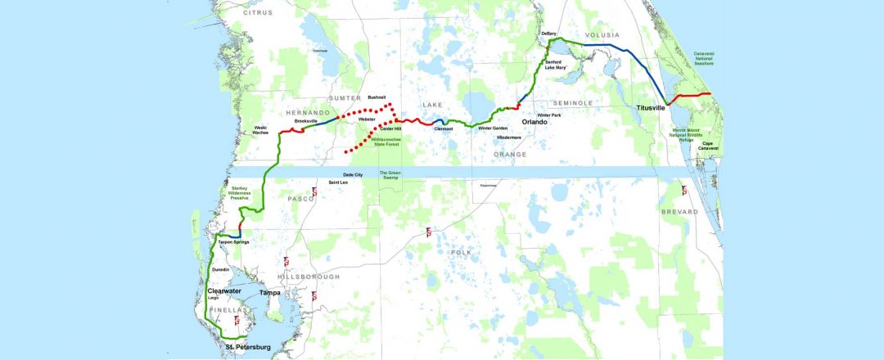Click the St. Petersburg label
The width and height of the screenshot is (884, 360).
[x=247, y=348]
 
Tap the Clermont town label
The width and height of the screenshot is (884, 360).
[x=443, y=128]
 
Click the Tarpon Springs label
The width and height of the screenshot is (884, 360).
[x=232, y=243]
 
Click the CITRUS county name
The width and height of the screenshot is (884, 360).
[x=259, y=13]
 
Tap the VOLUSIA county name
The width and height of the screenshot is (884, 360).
[x=602, y=35]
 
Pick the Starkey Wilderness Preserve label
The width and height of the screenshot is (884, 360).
[x=245, y=193]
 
